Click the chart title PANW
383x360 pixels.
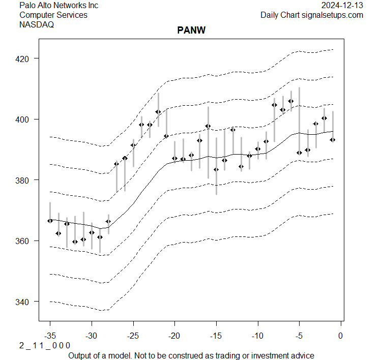(x=191, y=30)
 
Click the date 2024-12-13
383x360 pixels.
(x=343, y=6)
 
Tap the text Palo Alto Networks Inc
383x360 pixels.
(x=58, y=6)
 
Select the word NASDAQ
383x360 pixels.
(x=37, y=25)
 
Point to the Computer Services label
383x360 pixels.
(x=53, y=15)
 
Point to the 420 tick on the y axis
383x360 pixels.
(x=25, y=58)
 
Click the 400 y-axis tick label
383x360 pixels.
(x=25, y=119)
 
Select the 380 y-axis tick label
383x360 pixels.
(x=25, y=180)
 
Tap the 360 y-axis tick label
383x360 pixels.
(x=25, y=241)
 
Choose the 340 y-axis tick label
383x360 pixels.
(x=25, y=302)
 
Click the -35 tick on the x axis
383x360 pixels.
(x=50, y=336)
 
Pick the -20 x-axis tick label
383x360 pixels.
(x=174, y=336)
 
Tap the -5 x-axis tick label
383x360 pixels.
(x=299, y=336)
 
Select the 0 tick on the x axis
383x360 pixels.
(x=341, y=336)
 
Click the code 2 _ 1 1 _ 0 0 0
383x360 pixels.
(x=45, y=346)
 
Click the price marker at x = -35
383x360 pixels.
(x=50, y=221)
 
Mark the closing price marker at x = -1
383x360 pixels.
(x=333, y=139)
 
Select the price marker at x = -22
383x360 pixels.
(x=158, y=112)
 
